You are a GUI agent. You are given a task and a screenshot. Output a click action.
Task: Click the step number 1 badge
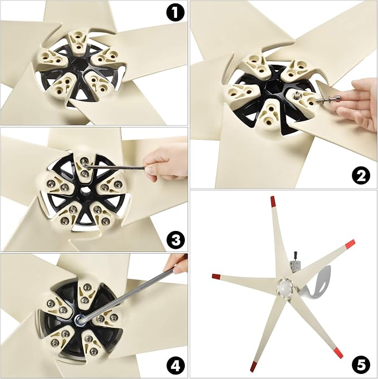tap(175, 13)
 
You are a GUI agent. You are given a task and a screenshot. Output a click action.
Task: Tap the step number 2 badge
tap(361, 176)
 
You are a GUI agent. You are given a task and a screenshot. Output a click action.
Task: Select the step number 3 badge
tap(175, 239)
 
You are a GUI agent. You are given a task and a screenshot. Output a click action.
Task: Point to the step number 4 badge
tap(175, 366)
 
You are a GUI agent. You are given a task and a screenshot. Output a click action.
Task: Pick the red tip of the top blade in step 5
tap(273, 202)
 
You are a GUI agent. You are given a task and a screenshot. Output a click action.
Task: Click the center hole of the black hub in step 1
tap(78, 65)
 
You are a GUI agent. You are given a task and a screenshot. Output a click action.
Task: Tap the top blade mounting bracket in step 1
tap(78, 42)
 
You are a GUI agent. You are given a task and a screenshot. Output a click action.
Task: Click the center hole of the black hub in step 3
tap(84, 190)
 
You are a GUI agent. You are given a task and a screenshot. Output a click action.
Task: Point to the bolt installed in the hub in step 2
tap(297, 96)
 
